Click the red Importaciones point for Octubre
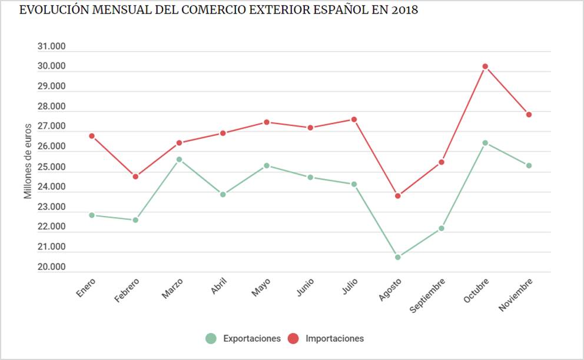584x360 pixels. click(485, 66)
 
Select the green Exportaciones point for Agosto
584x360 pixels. click(398, 257)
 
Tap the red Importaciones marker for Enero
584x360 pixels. click(92, 136)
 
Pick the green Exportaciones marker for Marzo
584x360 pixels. click(179, 159)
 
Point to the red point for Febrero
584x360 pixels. click(135, 176)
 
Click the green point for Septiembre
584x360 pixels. click(442, 228)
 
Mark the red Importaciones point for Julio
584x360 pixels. click(354, 119)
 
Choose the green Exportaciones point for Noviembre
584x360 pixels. click(529, 165)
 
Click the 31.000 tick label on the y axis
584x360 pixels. click(51, 47)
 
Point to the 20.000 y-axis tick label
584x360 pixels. click(51, 267)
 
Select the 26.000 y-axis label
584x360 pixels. click(51, 147)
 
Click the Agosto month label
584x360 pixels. click(390, 289)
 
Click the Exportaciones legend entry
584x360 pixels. click(251, 338)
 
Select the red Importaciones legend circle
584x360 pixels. click(293, 338)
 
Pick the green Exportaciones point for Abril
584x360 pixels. click(223, 194)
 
